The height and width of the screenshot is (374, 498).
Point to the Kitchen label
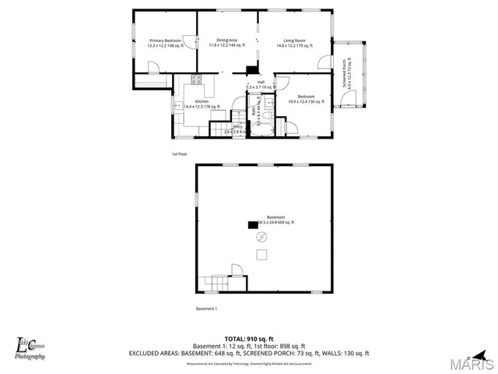pos(202,102)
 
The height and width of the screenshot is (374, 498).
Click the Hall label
pos(261,82)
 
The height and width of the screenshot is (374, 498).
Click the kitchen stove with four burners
pos(196,78)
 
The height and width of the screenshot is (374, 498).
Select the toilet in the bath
pos(268,116)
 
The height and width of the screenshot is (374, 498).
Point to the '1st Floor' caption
pos(180,154)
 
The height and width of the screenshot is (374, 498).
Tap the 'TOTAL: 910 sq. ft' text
pos(249,338)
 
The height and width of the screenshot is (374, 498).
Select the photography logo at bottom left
pos(31,348)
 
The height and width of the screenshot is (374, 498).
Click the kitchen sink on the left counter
pos(178,104)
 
